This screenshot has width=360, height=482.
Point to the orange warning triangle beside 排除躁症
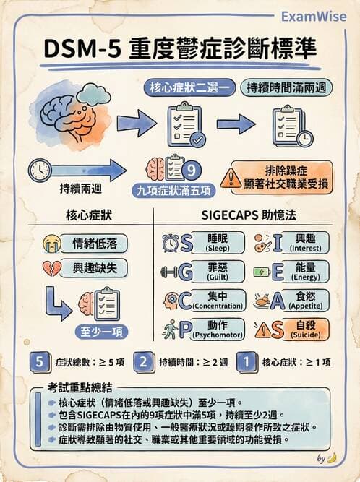tap(231, 178)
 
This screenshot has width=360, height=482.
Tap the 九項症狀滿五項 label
tap(174, 192)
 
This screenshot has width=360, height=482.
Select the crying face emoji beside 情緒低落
tap(51, 242)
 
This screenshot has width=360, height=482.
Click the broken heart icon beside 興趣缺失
tap(51, 267)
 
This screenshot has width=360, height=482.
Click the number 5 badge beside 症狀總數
tap(40, 362)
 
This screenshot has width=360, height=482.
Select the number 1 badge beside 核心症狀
tap(247, 362)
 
